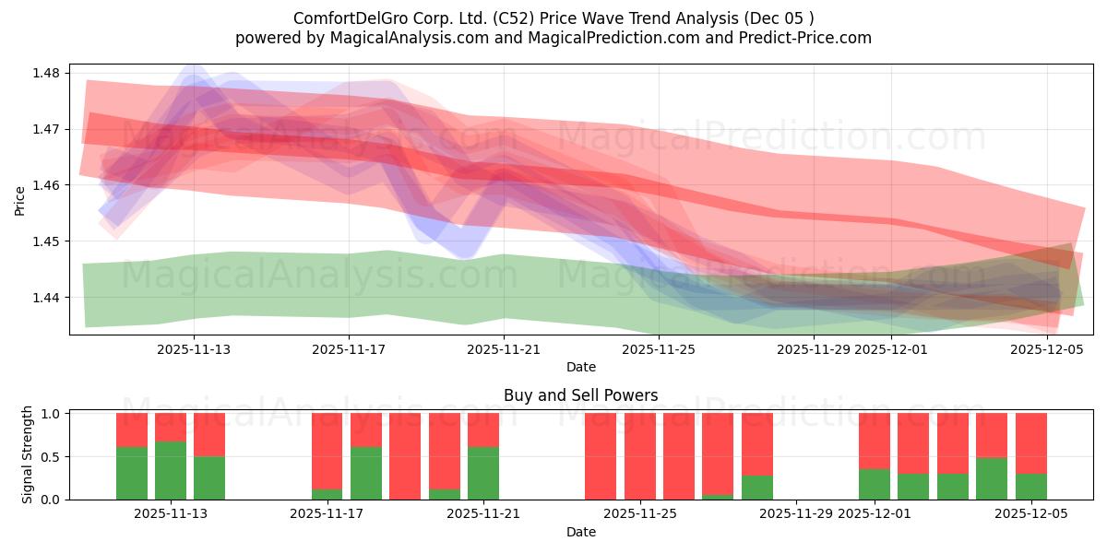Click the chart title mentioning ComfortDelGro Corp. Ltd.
coord(553,18)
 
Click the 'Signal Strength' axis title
coord(28,454)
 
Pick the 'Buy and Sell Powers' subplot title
coord(580,395)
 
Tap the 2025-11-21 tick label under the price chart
coord(504,349)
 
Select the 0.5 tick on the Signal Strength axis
coord(51,456)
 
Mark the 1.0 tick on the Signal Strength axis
coord(51,414)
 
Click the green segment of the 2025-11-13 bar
coord(171,470)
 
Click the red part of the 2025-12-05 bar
coord(1030,442)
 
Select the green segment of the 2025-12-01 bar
coord(875,484)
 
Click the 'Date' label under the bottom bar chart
coord(580,532)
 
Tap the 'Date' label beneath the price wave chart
coord(580,367)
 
